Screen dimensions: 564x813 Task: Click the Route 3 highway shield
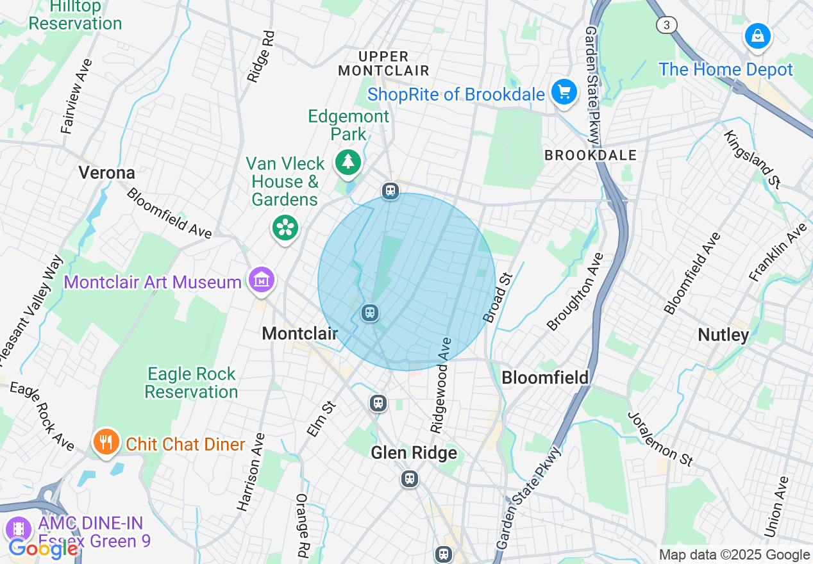pyautogui.click(x=667, y=25)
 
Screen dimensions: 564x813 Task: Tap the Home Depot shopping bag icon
pyautogui.click(x=757, y=35)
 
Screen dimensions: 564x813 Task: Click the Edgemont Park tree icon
pyautogui.click(x=348, y=162)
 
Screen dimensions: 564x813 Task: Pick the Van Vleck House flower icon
pyautogui.click(x=285, y=228)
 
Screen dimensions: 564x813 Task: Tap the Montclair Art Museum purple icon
pyautogui.click(x=262, y=281)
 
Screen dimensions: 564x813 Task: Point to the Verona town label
pyautogui.click(x=107, y=172)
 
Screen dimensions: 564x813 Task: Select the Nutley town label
pyautogui.click(x=723, y=335)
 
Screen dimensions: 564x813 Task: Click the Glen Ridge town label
pyautogui.click(x=414, y=453)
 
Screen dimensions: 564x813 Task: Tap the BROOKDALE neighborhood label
pyautogui.click(x=591, y=155)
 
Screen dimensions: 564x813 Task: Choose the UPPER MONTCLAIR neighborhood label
pyautogui.click(x=383, y=63)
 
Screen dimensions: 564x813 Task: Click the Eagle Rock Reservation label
pyautogui.click(x=191, y=383)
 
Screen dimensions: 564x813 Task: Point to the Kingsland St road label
pyautogui.click(x=752, y=160)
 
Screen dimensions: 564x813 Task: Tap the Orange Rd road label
pyautogui.click(x=302, y=524)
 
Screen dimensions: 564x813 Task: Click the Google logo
pyautogui.click(x=43, y=549)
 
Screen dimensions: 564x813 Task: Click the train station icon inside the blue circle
pyautogui.click(x=369, y=313)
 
